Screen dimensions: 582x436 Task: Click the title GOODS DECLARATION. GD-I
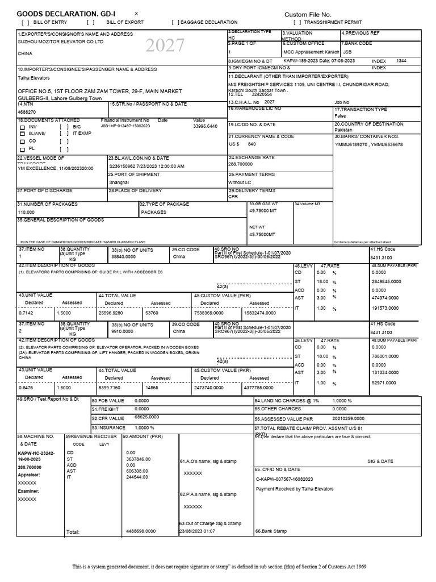pyautogui.click(x=66, y=14)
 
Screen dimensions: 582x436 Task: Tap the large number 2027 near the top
pyautogui.click(x=165, y=45)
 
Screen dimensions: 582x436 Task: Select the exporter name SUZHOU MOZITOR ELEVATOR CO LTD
pyautogui.click(x=60, y=41)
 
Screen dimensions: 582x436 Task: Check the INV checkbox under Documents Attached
pyautogui.click(x=23, y=127)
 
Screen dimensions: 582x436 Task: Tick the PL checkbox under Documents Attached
pyautogui.click(x=23, y=149)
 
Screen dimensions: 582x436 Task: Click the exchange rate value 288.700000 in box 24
pyautogui.click(x=245, y=164)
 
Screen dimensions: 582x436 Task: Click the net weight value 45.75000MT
pyautogui.click(x=262, y=234)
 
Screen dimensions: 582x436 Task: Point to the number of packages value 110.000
pyautogui.click(x=26, y=211)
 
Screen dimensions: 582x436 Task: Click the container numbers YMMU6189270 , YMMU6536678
pyautogui.click(x=368, y=144)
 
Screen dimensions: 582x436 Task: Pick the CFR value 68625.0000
pyautogui.click(x=146, y=417)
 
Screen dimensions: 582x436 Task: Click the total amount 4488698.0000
pyautogui.click(x=141, y=531)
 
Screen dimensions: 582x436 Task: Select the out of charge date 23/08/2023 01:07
pyautogui.click(x=197, y=531)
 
